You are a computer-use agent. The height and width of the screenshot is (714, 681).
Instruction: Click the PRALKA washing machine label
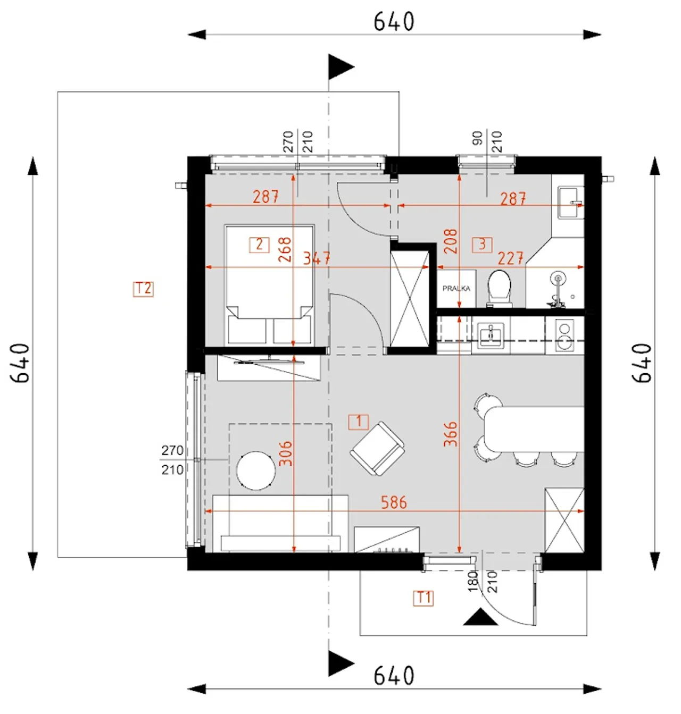click(456, 288)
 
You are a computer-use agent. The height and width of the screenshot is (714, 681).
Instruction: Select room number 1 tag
click(358, 422)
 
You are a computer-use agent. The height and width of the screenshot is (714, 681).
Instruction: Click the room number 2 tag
click(259, 245)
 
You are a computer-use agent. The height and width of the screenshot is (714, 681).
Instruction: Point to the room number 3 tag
click(482, 245)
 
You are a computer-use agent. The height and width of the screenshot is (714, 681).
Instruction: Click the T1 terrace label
click(423, 598)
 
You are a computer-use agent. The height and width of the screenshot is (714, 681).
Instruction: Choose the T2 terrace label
click(143, 289)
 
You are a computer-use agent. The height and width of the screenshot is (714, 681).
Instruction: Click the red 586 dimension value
click(394, 502)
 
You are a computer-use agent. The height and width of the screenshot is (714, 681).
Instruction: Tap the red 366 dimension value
click(450, 434)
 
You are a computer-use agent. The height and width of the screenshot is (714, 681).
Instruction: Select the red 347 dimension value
click(317, 258)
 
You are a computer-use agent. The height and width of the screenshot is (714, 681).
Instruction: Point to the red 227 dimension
click(510, 258)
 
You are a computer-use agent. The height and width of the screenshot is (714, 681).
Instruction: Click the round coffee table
click(255, 471)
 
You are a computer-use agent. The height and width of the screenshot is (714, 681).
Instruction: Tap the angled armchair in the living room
click(377, 449)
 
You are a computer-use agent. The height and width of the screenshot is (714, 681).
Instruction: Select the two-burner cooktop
click(564, 335)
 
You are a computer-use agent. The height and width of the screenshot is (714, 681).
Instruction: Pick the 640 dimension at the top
click(394, 21)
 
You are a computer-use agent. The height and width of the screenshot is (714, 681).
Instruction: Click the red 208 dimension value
click(450, 241)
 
